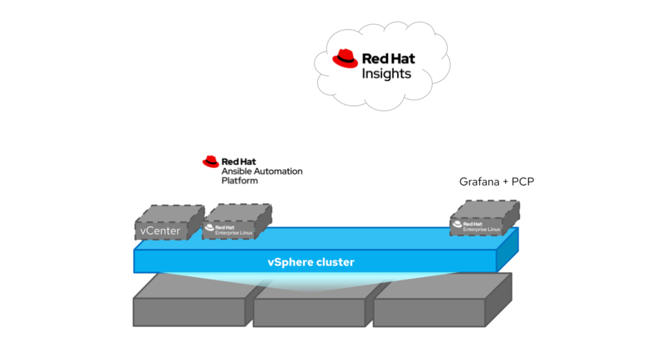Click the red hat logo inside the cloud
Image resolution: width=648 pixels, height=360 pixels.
345,59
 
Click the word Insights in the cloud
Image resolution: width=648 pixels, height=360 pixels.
386,74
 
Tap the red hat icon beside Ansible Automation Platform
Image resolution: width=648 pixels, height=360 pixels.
211,161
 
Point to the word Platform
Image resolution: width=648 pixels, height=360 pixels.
240,181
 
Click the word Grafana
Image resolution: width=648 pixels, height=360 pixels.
479,182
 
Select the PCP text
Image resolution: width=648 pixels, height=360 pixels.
523,182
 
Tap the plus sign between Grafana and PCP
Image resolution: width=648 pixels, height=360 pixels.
505,182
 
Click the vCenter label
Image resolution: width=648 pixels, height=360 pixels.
160,231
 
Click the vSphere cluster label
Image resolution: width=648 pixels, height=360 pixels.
311,262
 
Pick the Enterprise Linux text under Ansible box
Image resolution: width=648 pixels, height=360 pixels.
234,233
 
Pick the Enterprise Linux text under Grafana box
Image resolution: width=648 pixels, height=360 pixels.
481,229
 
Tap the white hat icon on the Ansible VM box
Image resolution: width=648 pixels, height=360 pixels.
209,228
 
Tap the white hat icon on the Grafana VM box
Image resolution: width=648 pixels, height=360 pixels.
457,224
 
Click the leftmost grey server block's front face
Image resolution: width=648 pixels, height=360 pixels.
189,312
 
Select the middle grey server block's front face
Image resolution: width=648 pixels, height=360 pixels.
309,312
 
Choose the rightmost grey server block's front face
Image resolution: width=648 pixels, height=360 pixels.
429,312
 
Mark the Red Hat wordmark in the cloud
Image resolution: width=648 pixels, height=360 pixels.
388,59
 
